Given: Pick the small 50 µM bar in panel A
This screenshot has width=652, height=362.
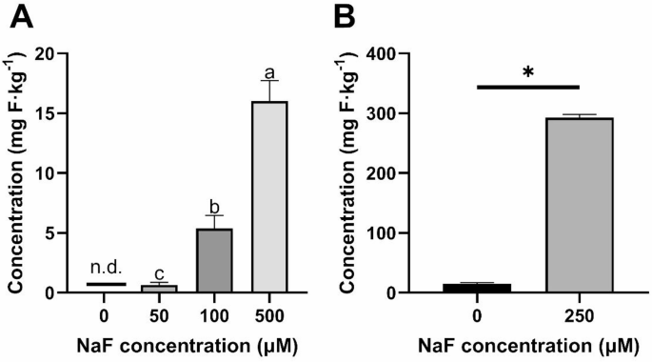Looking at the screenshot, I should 159,288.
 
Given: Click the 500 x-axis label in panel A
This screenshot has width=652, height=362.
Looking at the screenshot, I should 268,313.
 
